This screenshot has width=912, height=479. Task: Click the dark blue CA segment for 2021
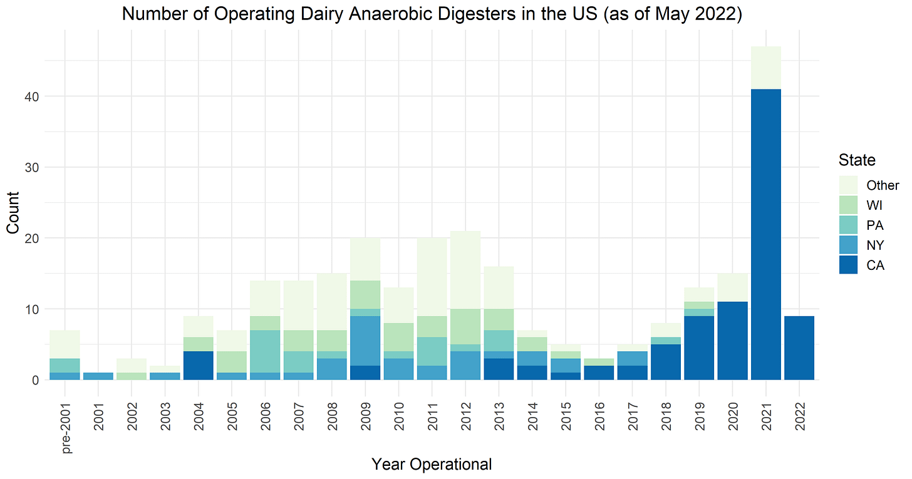(x=765, y=234)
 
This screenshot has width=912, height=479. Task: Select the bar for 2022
(x=799, y=348)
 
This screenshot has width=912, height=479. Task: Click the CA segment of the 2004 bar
(x=198, y=365)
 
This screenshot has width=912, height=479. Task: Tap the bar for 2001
(x=98, y=376)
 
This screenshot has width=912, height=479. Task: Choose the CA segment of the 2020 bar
(x=732, y=341)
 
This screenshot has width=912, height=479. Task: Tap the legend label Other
(x=883, y=185)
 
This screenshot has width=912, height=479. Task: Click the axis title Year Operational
(x=432, y=464)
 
